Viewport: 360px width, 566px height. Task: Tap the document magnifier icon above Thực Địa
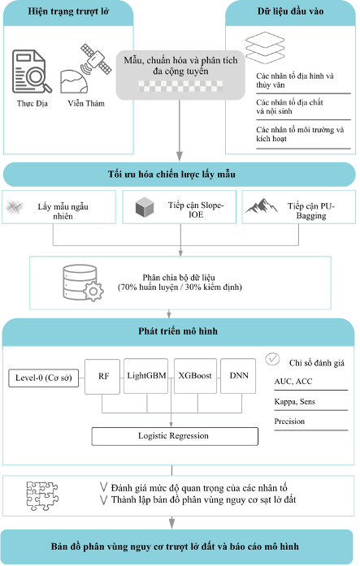32,71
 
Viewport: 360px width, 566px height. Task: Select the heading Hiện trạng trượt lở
68,11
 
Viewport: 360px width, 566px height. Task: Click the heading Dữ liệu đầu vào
290,11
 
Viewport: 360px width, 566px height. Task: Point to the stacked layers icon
265,47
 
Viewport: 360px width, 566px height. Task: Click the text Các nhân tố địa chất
289,102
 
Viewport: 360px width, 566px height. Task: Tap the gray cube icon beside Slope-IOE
145,207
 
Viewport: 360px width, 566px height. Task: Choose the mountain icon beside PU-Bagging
262,205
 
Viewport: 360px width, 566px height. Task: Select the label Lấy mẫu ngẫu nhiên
63,211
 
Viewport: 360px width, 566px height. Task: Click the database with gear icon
83,283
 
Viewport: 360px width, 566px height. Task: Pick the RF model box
102,377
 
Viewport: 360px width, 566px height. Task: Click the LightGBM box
146,376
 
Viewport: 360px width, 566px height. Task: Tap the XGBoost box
195,376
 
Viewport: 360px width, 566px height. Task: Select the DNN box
238,376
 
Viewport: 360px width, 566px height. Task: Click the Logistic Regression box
175,436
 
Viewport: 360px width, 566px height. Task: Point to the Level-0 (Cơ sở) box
43,378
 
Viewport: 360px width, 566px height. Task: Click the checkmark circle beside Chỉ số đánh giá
272,359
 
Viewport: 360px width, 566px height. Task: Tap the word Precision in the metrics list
289,421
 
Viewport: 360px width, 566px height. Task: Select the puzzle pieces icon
42,496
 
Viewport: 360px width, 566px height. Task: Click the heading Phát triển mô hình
178,331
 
